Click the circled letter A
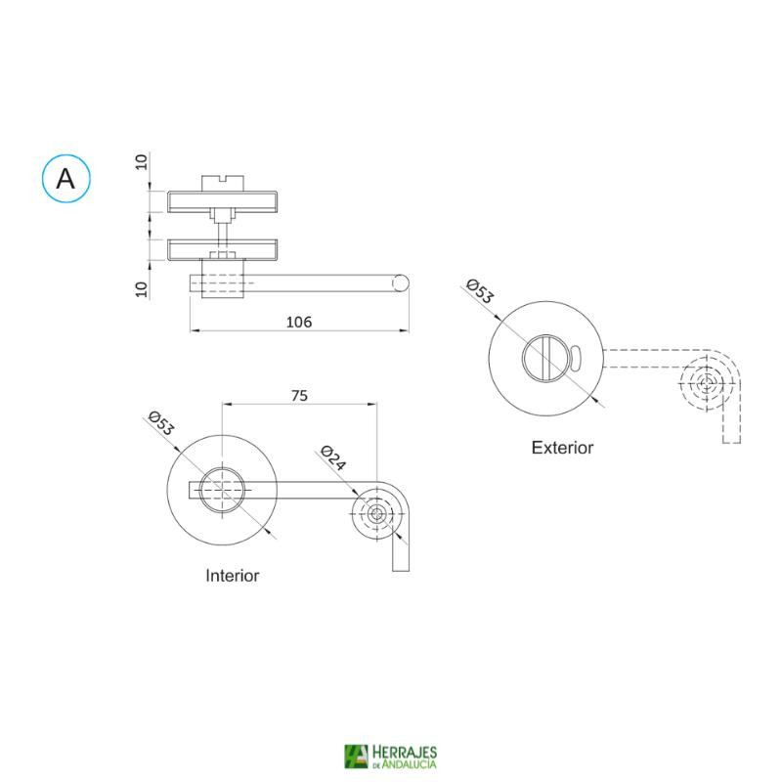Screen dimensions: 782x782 [65, 178]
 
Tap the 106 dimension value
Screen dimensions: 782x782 [299, 323]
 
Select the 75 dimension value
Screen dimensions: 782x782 [299, 396]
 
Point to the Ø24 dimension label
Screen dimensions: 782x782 [333, 457]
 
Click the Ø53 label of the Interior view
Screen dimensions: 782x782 [161, 423]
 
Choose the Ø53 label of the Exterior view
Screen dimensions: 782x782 [480, 291]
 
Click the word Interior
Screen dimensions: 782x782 [233, 576]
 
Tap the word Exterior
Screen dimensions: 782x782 [562, 448]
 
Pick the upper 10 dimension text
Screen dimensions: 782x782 [142, 161]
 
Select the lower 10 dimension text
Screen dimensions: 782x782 [142, 289]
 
